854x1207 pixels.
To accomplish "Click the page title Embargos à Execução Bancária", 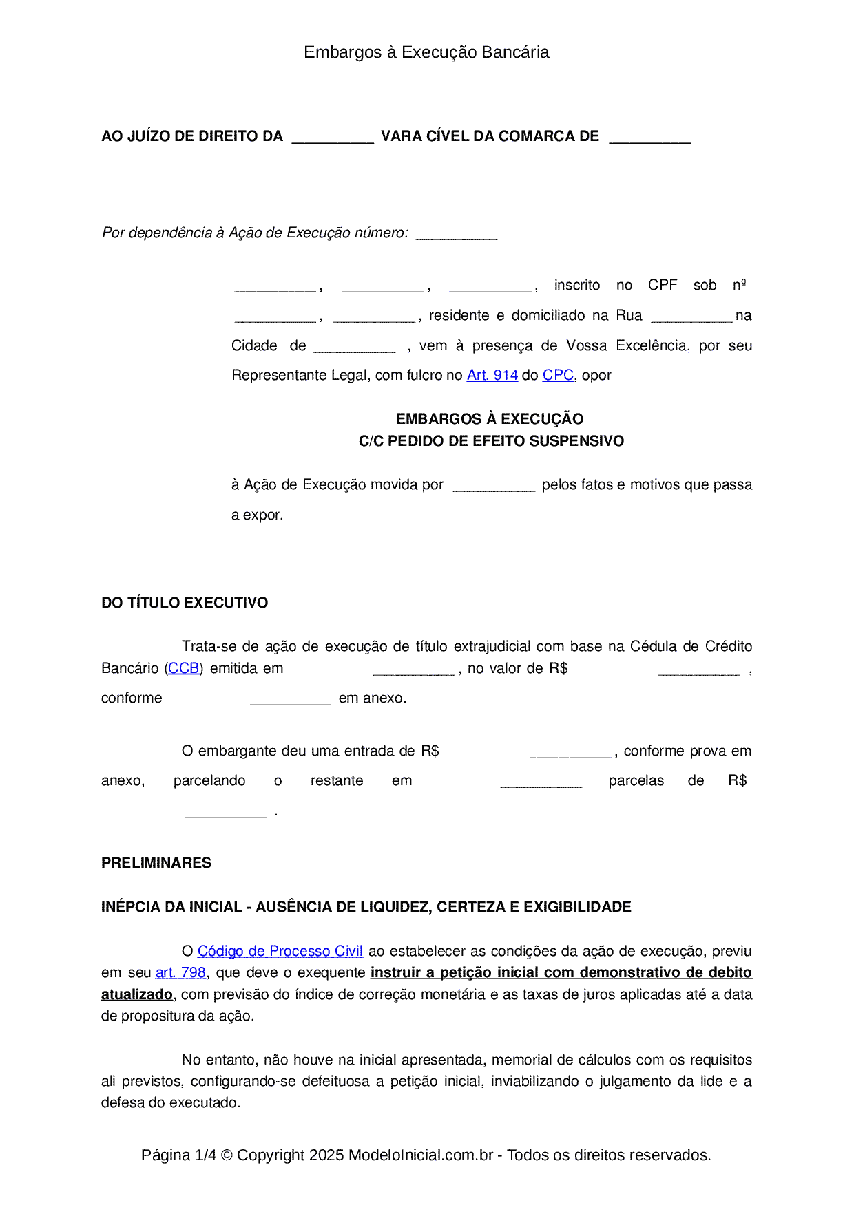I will (x=426, y=52).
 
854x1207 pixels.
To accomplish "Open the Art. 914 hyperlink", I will (x=492, y=375).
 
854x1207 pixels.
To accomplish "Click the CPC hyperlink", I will (x=558, y=375).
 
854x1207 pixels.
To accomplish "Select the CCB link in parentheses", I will (x=184, y=668).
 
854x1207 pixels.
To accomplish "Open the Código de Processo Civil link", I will (x=280, y=951).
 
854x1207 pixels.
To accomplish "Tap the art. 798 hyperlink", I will (x=180, y=972).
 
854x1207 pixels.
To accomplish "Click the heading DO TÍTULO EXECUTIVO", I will (x=185, y=603).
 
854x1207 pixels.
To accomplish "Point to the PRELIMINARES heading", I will (x=156, y=863).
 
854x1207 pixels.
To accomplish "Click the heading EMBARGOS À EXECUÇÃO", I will (x=490, y=419).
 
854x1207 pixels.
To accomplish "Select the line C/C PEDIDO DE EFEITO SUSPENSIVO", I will (x=491, y=441).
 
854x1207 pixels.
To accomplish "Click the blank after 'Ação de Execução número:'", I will (x=457, y=234).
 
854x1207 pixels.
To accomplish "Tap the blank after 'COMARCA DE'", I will (x=649, y=138).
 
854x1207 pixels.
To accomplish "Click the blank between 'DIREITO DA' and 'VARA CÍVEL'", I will (x=333, y=138).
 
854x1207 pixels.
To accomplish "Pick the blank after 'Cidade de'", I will (x=355, y=347).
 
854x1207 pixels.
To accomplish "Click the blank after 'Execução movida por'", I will (x=494, y=486).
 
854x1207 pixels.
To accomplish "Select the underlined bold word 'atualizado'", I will (x=137, y=994).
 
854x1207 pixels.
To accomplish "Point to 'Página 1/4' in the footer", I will (x=178, y=1155).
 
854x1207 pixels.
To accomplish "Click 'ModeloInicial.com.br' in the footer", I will (x=421, y=1155).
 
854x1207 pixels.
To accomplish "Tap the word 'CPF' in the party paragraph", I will (x=663, y=285).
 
